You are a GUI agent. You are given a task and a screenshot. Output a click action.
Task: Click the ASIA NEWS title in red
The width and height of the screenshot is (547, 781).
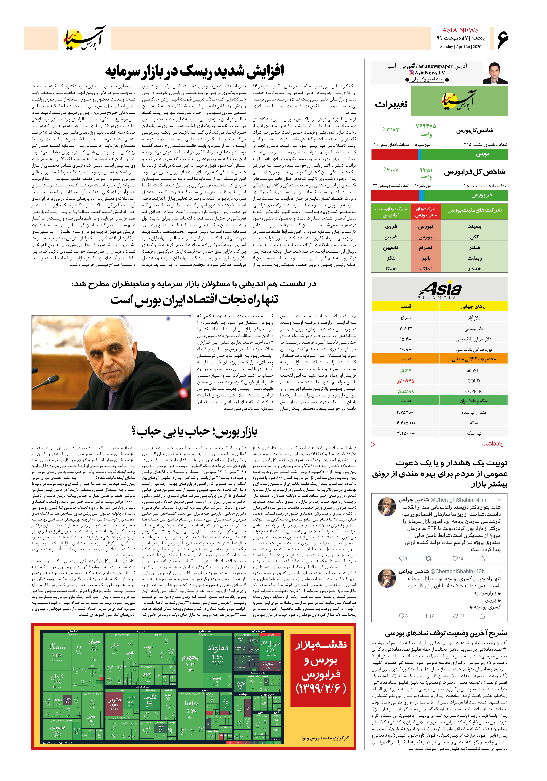pos(460,30)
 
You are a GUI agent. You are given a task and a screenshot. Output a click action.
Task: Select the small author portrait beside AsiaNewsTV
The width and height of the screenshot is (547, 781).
pos(495,73)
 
